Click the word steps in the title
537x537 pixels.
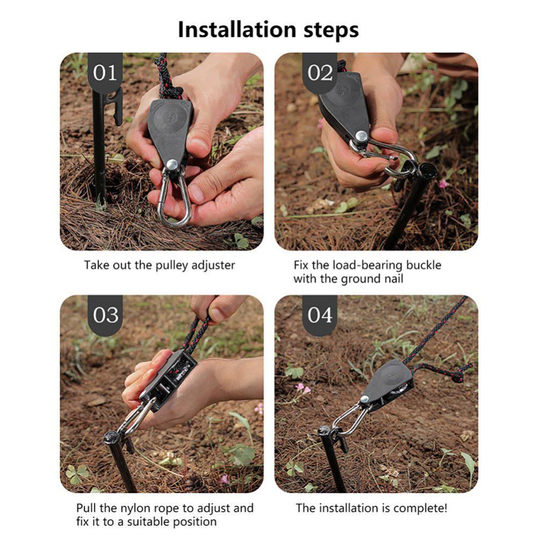click(x=329, y=31)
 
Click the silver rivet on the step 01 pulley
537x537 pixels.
click(x=172, y=164)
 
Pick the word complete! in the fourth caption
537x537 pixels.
click(x=420, y=508)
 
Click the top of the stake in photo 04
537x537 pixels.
click(x=324, y=430)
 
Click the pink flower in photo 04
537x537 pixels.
click(x=302, y=388)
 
